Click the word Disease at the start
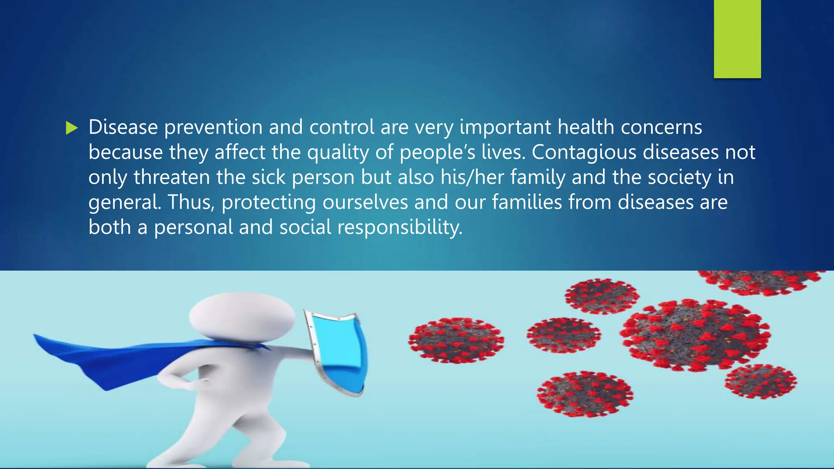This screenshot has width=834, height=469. (x=123, y=127)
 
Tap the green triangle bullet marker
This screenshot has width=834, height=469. (x=71, y=128)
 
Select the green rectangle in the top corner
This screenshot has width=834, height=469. (x=737, y=39)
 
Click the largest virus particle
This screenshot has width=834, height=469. (x=695, y=335)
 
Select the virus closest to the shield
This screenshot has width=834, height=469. (x=456, y=340)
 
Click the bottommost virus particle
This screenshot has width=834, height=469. (x=585, y=394)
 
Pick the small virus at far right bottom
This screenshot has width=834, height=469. (x=760, y=381)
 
